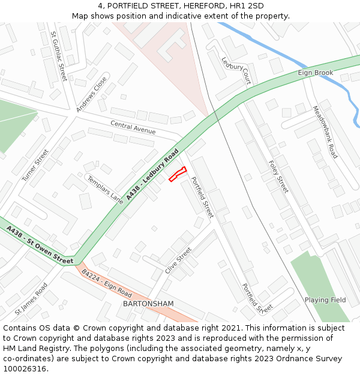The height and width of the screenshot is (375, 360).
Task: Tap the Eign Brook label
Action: tap(315, 73)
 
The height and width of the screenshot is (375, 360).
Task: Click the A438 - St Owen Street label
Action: tap(40, 245)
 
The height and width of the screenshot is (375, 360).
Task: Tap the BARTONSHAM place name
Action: tap(148, 304)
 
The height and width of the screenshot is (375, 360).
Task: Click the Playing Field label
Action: tap(325, 300)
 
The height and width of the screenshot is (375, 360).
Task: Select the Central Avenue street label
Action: tap(133, 127)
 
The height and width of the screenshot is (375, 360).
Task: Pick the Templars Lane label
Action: tap(105, 190)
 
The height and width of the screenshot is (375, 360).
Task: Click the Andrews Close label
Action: tap(92, 94)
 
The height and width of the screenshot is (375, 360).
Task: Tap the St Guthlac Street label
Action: tap(59, 56)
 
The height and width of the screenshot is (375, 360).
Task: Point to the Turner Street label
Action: tap(35, 166)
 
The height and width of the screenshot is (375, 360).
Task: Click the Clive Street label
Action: tap(178, 260)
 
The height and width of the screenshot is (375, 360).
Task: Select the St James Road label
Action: tap(31, 299)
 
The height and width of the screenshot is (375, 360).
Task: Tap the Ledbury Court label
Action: tap(236, 70)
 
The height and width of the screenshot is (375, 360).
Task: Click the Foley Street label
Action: tap(279, 176)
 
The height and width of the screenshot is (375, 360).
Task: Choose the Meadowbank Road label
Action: tap(325, 132)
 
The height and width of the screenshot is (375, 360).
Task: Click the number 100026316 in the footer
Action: tap(25, 368)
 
